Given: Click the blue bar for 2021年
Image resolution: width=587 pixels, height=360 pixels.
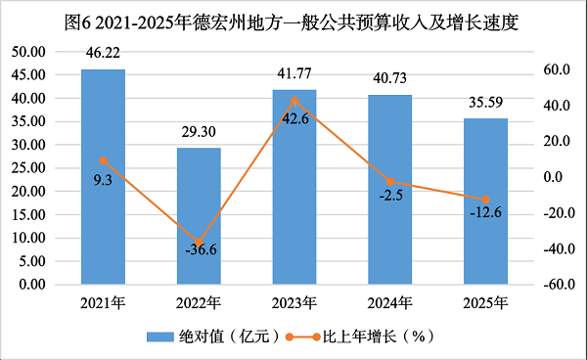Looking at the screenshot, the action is point(103,177).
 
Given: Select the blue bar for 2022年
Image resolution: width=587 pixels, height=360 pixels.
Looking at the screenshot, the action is point(199,216).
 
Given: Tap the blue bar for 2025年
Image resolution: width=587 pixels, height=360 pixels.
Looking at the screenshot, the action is point(485,202).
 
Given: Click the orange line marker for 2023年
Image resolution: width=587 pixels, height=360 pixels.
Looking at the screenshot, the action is point(294,101).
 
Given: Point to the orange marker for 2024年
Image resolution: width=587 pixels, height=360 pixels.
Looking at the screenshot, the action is point(390,182).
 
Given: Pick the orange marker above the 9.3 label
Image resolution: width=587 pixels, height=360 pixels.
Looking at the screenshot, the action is point(104,160).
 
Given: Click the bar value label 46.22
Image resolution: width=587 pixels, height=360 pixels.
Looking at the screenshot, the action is point(103,53).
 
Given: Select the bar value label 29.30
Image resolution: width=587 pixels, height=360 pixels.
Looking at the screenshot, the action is point(199,132).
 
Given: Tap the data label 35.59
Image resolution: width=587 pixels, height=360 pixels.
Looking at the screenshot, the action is point(485,102).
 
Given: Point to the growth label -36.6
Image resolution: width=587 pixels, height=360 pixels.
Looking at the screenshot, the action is point(201,249).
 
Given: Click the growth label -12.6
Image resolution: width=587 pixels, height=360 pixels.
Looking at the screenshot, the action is point(485,212).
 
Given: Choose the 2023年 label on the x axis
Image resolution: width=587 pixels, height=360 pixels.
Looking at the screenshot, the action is point(294,302).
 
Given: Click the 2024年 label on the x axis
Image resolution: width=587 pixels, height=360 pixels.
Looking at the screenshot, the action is point(389,302).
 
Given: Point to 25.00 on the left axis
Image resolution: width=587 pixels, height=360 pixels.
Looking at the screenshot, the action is point(28,168).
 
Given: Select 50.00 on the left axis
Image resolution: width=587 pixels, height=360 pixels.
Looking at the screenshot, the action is point(28,52).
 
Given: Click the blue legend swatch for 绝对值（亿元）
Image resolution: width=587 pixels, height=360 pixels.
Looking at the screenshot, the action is point(160,337).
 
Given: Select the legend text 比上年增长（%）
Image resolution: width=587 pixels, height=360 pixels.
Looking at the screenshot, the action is point(379,337).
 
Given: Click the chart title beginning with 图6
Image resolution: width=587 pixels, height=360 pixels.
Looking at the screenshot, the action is point(292,22).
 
